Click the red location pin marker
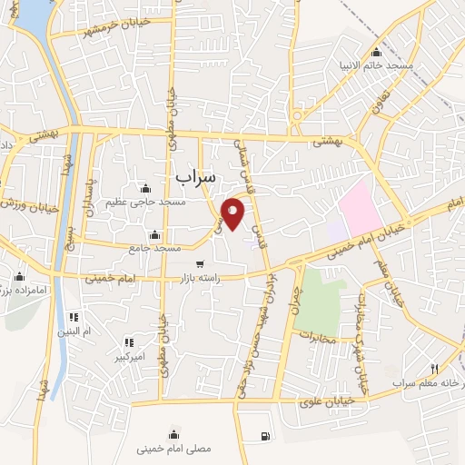[x=233, y=213]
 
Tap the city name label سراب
[x=195, y=174]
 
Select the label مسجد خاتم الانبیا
[x=376, y=66]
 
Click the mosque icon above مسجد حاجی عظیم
[x=145, y=188]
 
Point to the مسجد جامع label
[x=154, y=248]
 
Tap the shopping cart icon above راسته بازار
[x=200, y=264]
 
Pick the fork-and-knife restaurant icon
[x=434, y=369]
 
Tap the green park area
[x=319, y=299]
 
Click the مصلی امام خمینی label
[x=173, y=449]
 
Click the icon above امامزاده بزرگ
[x=19, y=277]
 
